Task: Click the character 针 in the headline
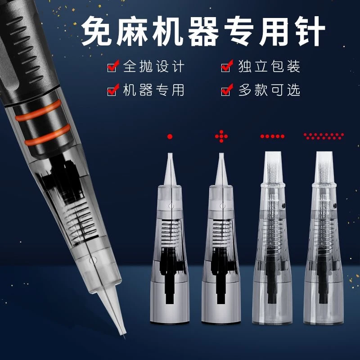click(310, 31)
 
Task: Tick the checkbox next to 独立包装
click(227, 66)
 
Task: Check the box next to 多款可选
click(227, 90)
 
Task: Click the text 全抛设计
click(153, 66)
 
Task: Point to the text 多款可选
click(269, 90)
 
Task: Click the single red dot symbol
click(170, 137)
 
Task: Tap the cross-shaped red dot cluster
click(221, 136)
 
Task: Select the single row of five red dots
click(272, 136)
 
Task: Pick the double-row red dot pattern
click(324, 136)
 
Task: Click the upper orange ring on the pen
click(38, 111)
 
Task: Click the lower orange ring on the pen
click(48, 135)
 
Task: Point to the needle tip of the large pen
click(124, 337)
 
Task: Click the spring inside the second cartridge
click(221, 231)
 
